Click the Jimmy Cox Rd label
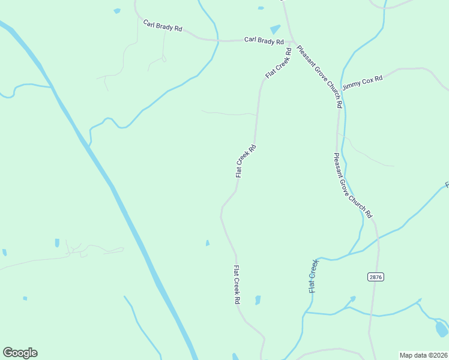[x=362, y=83]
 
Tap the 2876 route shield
[x=375, y=277]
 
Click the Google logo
[x=20, y=353]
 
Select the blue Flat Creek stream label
[x=313, y=276]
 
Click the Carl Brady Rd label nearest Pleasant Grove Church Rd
[x=264, y=41]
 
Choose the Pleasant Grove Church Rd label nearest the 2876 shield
[x=353, y=185]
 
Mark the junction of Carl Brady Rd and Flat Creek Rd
[x=292, y=42]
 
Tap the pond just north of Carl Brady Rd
[x=275, y=29]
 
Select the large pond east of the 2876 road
[x=441, y=329]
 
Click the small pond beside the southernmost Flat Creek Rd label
[x=258, y=299]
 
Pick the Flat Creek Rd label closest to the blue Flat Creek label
[x=237, y=285]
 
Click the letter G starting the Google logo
[x=7, y=352]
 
